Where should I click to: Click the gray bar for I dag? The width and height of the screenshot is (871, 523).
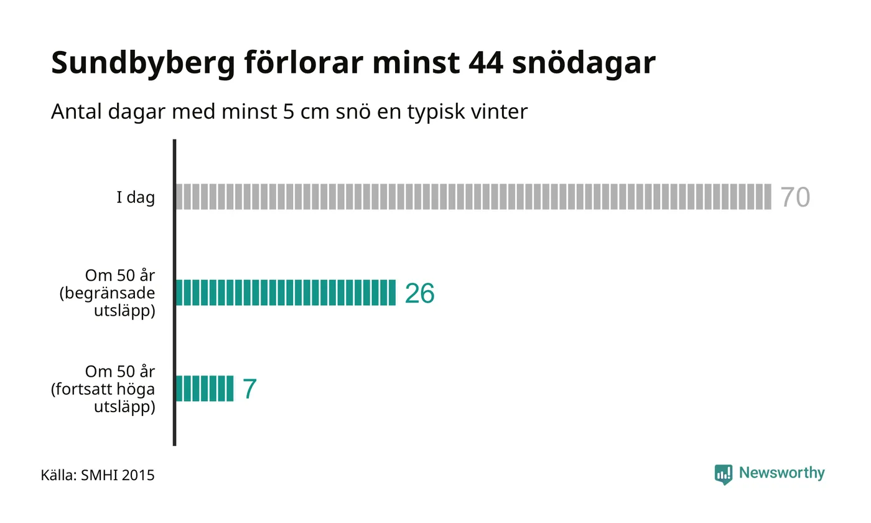(473, 197)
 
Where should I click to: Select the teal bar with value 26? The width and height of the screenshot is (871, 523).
(286, 293)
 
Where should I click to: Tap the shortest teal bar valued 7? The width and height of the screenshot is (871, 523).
(205, 389)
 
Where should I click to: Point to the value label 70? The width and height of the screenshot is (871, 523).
(795, 197)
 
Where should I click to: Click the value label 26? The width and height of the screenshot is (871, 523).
(419, 293)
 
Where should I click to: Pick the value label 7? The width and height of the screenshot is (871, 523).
(249, 389)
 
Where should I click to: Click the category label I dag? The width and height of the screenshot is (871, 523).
(136, 198)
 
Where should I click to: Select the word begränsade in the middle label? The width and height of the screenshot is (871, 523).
(107, 293)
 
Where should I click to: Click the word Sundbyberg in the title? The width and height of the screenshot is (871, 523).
(143, 63)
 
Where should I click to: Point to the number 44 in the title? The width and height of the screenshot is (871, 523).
(486, 63)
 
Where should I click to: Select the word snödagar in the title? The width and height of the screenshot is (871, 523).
(584, 63)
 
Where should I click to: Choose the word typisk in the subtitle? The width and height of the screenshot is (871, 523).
(436, 113)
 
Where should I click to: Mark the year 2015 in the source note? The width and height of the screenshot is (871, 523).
(138, 476)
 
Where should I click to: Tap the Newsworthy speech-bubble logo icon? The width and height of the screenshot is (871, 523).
(723, 474)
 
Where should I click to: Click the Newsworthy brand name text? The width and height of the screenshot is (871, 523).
(781, 474)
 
